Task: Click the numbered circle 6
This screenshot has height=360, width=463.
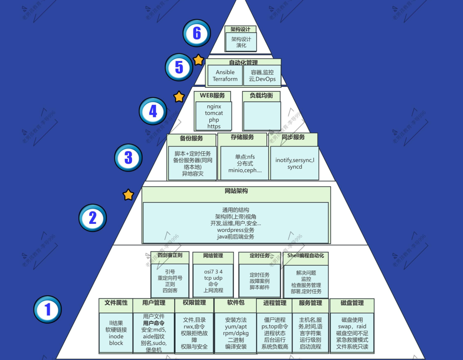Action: coord(197,33)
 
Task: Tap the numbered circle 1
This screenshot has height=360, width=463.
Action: coord(47,309)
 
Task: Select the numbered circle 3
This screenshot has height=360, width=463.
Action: coord(128,157)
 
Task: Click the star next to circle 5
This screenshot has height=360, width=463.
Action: coord(198,60)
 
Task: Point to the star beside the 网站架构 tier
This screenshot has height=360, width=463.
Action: coord(128,195)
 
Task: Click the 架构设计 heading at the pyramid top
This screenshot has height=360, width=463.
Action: coord(241,29)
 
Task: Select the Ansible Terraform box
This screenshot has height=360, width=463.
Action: coord(225,76)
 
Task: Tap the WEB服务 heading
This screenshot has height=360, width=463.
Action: coord(213,96)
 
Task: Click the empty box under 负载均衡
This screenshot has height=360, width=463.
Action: coord(262,116)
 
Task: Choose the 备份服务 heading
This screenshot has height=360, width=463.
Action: coord(191,138)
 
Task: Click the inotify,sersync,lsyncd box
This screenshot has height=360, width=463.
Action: coord(294,163)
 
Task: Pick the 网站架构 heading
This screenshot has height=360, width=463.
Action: coord(236,191)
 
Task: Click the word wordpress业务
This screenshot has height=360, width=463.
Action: coord(236,230)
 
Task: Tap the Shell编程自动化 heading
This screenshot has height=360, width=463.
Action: coord(306,256)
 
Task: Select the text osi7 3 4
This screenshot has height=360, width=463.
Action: coord(213,272)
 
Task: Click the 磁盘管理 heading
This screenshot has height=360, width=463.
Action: coord(352,303)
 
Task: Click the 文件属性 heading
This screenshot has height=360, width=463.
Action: coord(116,303)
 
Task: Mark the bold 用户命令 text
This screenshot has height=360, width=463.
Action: coord(154,323)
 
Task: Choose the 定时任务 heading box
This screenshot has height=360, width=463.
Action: coord(260,256)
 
